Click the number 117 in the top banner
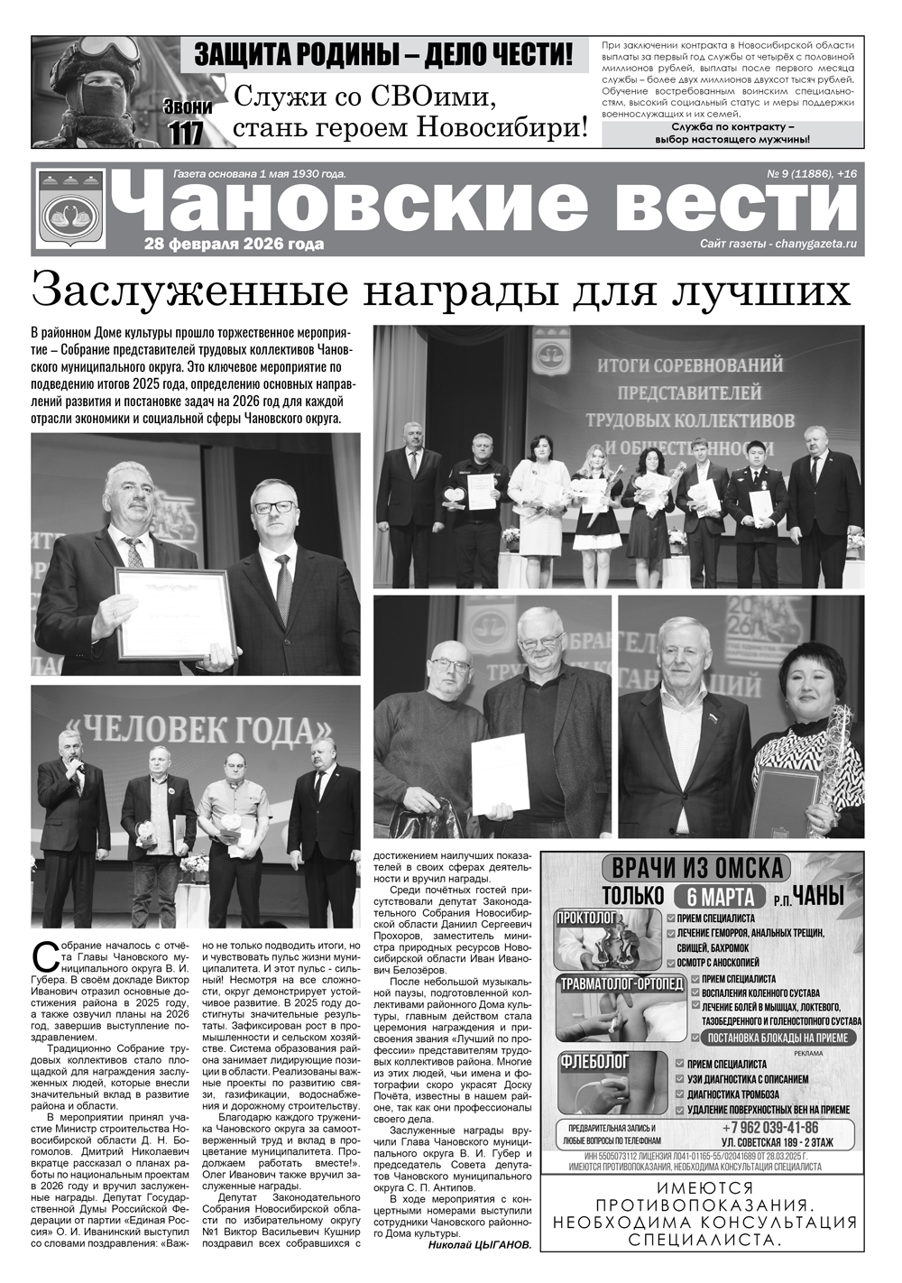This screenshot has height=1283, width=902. click(x=187, y=132)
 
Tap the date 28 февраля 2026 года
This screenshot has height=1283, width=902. click(x=234, y=245)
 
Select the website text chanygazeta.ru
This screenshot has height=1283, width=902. click(x=815, y=245)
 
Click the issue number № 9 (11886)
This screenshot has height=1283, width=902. click(x=797, y=172)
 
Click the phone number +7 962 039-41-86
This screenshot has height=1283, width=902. click(x=769, y=1128)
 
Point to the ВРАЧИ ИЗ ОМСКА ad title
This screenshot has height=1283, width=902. click(x=697, y=868)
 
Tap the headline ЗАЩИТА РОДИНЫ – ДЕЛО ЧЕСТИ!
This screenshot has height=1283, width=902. click(x=383, y=54)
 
